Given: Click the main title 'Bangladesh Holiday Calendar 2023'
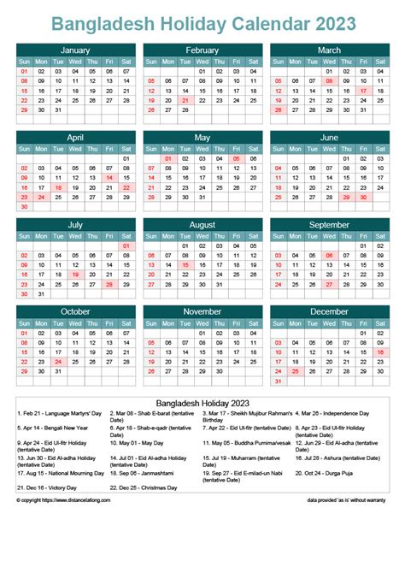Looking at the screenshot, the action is (x=202, y=23).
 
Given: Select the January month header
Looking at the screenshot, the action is (x=75, y=50).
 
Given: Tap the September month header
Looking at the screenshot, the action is (x=329, y=225).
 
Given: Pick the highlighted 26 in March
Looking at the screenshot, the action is (x=278, y=110).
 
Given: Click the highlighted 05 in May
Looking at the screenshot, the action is (x=236, y=159).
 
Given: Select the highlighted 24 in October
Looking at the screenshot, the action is (x=58, y=362).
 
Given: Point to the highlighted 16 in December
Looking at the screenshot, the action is (x=380, y=351).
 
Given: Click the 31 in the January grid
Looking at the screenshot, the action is (x=58, y=110).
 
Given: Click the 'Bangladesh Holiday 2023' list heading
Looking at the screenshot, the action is (x=202, y=401).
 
